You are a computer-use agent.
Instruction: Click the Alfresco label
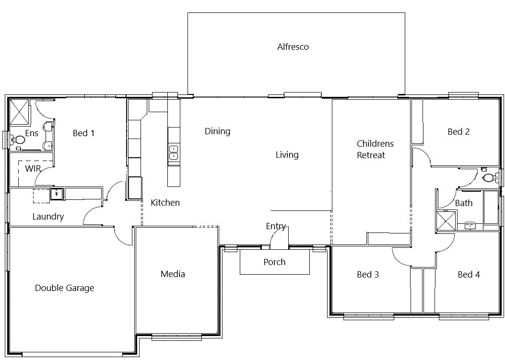click(x=293, y=46)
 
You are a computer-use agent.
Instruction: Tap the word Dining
click(x=217, y=131)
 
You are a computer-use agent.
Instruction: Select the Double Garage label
click(x=64, y=288)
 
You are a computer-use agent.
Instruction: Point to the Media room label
click(x=173, y=274)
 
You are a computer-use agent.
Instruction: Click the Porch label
click(x=274, y=262)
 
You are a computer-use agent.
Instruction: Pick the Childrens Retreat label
click(x=375, y=150)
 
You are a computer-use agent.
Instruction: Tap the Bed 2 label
click(x=458, y=131)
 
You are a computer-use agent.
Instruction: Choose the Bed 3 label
click(x=368, y=274)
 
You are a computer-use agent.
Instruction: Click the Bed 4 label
click(x=469, y=274)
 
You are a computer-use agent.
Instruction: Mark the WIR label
click(x=33, y=168)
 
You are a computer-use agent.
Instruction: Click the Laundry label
click(x=48, y=216)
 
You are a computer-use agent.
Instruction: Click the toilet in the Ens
click(x=18, y=140)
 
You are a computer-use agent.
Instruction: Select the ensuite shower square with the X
click(x=19, y=112)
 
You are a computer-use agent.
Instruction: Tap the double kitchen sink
click(x=174, y=152)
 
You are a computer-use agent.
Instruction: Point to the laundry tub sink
click(x=57, y=194)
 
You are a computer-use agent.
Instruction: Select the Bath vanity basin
click(x=470, y=225)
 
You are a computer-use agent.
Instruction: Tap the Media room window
click(x=176, y=337)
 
